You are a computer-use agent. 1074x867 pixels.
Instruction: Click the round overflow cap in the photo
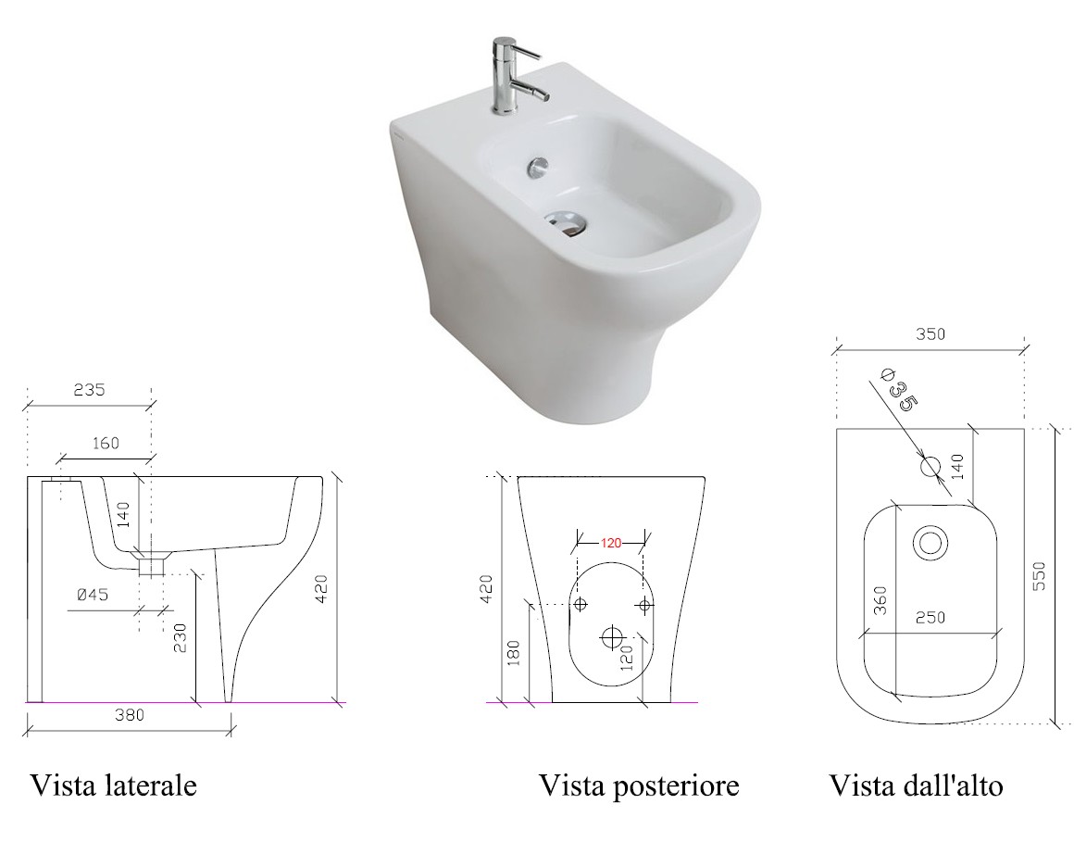click(538, 166)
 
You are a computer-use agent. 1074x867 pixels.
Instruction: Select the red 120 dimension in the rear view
click(611, 543)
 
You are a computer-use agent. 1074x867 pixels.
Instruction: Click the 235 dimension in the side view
click(89, 389)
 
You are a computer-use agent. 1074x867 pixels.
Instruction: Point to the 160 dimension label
click(106, 444)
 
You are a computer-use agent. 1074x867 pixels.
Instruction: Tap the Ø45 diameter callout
click(93, 595)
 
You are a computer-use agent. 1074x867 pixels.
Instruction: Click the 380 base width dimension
click(129, 715)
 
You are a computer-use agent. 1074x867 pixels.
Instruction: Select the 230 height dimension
click(180, 637)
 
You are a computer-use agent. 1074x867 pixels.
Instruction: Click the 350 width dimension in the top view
click(930, 333)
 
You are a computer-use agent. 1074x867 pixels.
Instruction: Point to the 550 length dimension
click(1039, 576)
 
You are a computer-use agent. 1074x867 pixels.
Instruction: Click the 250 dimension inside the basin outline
click(930, 618)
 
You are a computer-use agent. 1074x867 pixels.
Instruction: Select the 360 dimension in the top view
click(880, 600)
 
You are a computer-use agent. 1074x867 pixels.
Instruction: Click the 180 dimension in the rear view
click(515, 653)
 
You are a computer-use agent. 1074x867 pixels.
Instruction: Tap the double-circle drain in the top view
click(930, 544)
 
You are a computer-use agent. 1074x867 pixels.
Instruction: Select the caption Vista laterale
click(113, 785)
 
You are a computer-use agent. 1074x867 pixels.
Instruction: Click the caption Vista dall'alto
click(916, 785)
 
